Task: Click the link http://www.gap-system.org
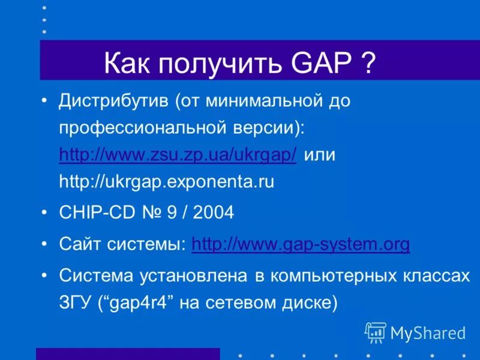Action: coord(301,244)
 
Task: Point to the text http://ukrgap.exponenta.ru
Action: coord(166,182)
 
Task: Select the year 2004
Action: coord(211,213)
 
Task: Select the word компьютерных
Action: coord(334,275)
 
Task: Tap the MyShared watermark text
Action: coord(428,332)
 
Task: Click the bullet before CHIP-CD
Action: coord(46,213)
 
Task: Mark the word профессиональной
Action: coord(143,128)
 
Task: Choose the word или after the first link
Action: coord(320,155)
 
